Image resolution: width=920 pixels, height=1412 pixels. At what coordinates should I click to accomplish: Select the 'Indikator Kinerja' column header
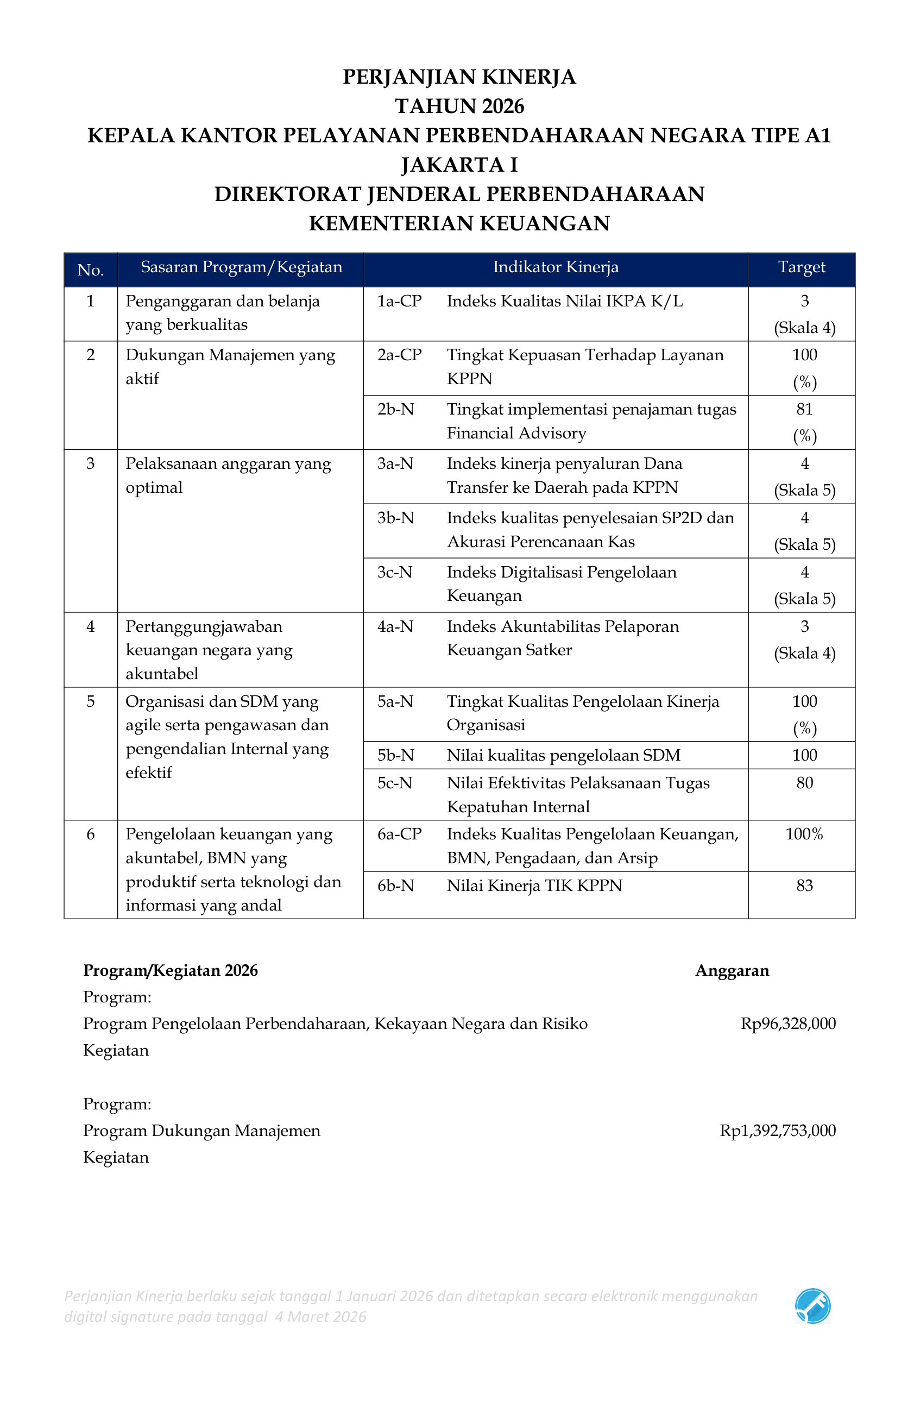click(555, 267)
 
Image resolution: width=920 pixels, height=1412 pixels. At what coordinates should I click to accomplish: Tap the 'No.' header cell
click(90, 271)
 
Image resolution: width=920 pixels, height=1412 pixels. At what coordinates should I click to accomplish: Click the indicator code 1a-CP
click(399, 302)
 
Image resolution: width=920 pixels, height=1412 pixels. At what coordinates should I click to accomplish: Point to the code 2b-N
click(395, 409)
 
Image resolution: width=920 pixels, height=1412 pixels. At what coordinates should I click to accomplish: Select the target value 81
click(804, 409)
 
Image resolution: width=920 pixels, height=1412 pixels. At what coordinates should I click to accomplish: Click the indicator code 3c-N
click(394, 573)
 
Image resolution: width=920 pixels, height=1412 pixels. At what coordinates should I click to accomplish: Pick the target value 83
click(804, 886)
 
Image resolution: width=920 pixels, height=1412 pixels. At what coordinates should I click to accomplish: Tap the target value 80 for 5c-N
click(804, 783)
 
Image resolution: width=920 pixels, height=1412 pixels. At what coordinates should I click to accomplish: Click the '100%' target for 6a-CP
click(804, 834)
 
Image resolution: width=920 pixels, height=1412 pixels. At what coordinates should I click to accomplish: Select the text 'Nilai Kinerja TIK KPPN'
click(534, 886)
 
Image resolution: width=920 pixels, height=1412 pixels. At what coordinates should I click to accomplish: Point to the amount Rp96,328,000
click(787, 1024)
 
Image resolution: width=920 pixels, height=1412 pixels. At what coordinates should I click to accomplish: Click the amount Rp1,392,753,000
click(777, 1130)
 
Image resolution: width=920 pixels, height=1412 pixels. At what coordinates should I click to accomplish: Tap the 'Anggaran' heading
click(732, 971)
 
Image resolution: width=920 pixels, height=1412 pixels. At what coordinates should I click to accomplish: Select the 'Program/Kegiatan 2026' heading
click(170, 971)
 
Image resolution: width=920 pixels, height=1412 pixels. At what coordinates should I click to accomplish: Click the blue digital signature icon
click(812, 1306)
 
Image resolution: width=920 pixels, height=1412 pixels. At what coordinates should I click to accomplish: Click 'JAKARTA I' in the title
click(459, 165)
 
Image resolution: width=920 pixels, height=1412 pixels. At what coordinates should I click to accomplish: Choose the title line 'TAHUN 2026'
click(459, 106)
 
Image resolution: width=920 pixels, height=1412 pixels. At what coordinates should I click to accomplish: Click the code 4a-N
click(395, 626)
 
